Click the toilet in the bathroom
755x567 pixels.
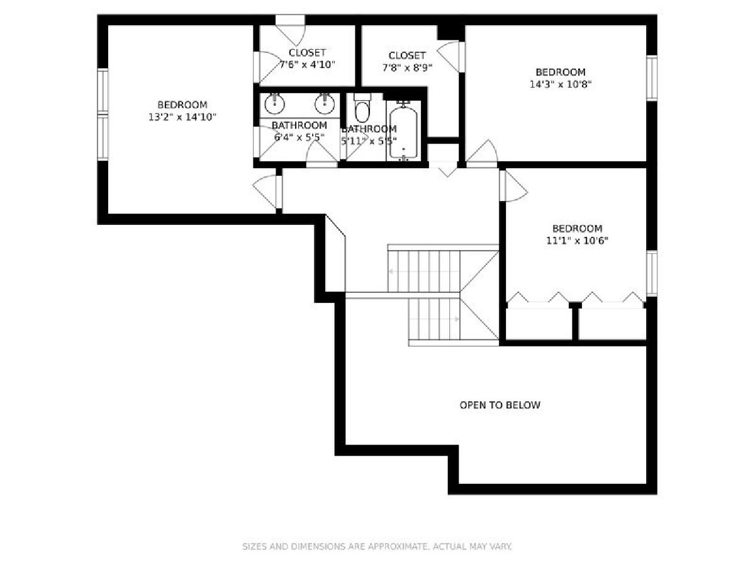[x=362, y=107]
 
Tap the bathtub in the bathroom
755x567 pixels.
[x=403, y=131]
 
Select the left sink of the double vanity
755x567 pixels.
[x=274, y=104]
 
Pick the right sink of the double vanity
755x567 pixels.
[x=325, y=104]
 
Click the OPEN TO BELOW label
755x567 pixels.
[x=500, y=405]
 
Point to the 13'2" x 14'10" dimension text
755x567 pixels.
[x=182, y=117]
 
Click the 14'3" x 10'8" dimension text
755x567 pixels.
[x=561, y=84]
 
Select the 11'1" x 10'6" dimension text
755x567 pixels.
[x=577, y=240]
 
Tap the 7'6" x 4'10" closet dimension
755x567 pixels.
[x=307, y=65]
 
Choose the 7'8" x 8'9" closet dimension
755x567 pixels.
[x=407, y=67]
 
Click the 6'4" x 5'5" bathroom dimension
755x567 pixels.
[x=299, y=137]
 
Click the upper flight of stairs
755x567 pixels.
[x=424, y=272]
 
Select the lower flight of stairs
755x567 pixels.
[x=434, y=319]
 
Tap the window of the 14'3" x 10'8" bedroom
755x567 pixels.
[x=651, y=78]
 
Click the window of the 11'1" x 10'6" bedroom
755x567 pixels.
[x=651, y=273]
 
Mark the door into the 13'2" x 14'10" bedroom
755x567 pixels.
[x=267, y=192]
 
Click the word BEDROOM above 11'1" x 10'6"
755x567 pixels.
[x=577, y=229]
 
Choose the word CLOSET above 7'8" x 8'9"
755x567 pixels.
[x=407, y=55]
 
